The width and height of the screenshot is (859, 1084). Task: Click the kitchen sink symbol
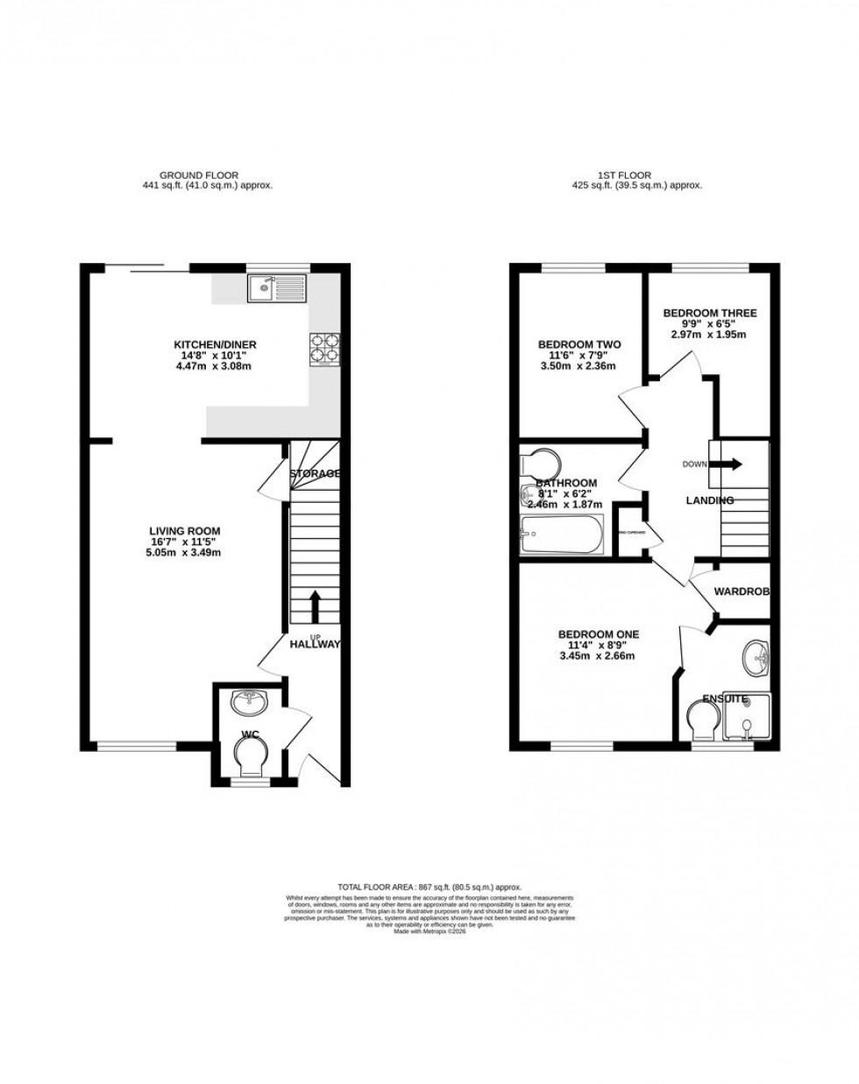click(x=276, y=287)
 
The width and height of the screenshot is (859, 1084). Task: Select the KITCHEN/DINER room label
click(x=215, y=344)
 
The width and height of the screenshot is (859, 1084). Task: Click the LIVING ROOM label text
click(x=184, y=531)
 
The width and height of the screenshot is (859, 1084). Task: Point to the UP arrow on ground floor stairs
click(x=315, y=606)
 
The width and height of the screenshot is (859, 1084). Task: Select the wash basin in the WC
click(x=250, y=701)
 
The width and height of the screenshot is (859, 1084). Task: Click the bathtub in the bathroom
click(x=562, y=535)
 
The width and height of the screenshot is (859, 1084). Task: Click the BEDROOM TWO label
click(x=579, y=345)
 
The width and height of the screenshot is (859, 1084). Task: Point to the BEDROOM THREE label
click(x=709, y=313)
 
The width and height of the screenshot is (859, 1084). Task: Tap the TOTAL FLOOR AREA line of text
click(x=429, y=887)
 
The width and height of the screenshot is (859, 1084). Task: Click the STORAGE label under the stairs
click(x=315, y=473)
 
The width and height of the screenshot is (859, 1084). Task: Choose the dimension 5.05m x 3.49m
click(x=184, y=554)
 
